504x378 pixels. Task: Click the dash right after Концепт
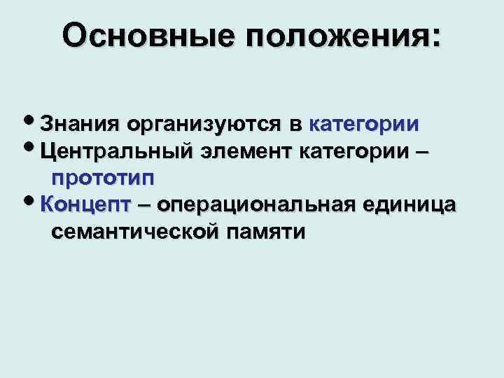(144, 204)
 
